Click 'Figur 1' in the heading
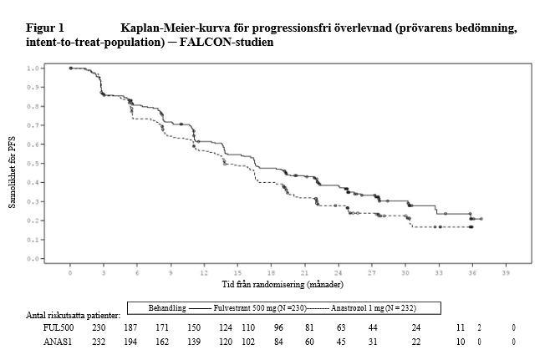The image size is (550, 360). tap(45, 28)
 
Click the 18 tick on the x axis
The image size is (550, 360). tap(271, 273)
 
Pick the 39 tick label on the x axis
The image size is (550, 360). tap(506, 273)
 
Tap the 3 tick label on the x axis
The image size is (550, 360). tap(104, 273)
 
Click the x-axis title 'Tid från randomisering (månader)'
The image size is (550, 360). tap(286, 284)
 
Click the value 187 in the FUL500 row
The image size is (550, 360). tap(130, 328)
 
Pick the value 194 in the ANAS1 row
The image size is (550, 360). tap(130, 342)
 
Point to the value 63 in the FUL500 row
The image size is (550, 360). tap(340, 328)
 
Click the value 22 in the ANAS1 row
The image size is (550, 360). tap(415, 342)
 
